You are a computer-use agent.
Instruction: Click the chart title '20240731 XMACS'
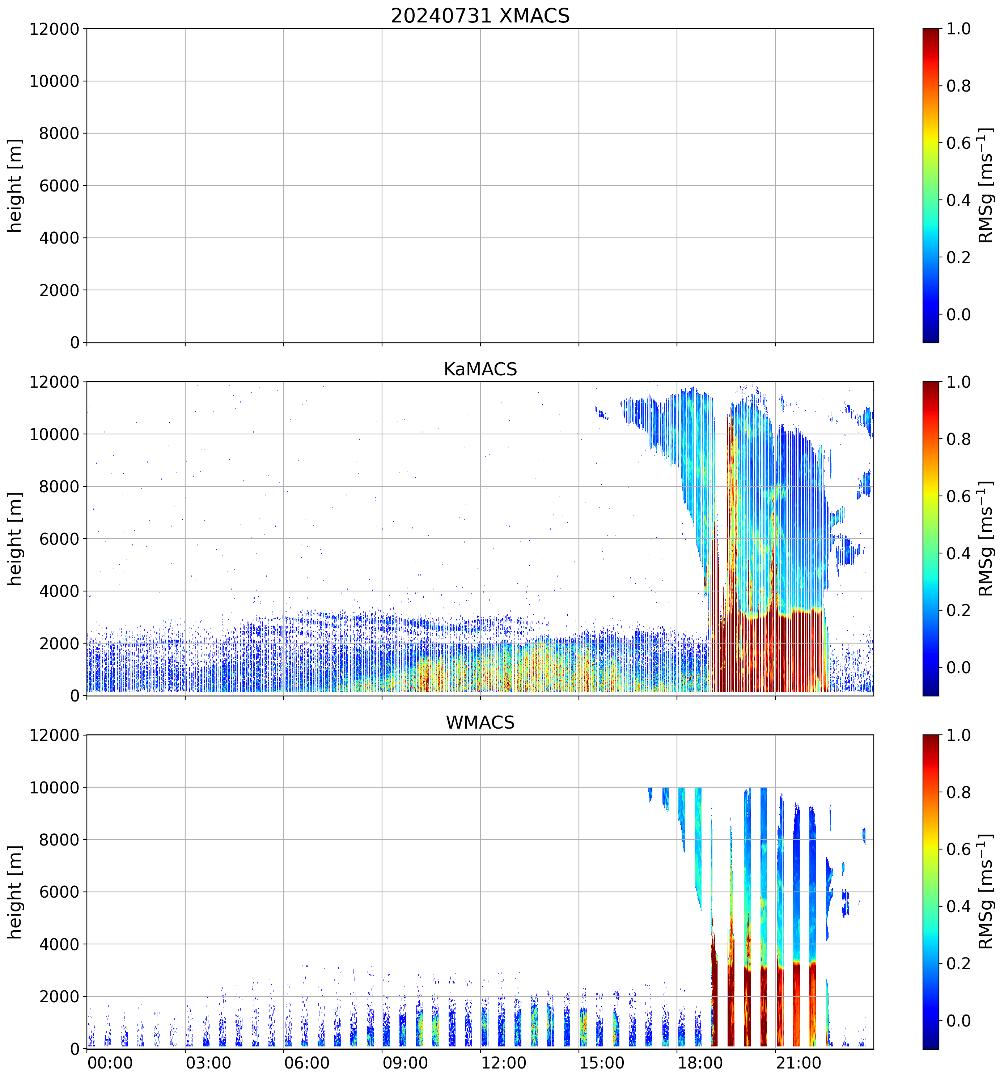tap(480, 16)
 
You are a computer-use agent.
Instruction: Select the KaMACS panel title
tap(480, 369)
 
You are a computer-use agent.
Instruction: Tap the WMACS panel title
tap(480, 722)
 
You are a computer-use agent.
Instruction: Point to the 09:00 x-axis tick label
tap(405, 1062)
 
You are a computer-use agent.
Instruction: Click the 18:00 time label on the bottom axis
tap(700, 1062)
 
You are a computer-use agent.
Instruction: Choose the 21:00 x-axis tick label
tap(798, 1062)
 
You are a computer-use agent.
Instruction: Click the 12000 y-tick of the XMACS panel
tap(54, 29)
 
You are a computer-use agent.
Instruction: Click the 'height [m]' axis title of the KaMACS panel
tap(15, 539)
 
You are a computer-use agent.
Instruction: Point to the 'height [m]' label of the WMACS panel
tap(15, 892)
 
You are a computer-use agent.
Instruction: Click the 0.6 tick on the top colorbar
tap(958, 143)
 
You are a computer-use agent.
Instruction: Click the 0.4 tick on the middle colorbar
tap(958, 553)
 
